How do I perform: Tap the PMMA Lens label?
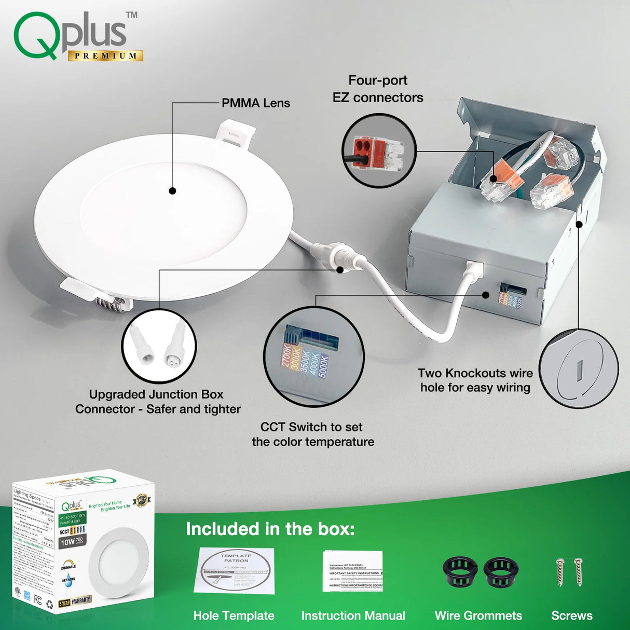pyautogui.click(x=255, y=103)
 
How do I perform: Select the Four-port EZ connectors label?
pyautogui.click(x=378, y=89)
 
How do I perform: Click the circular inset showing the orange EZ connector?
pyautogui.click(x=379, y=150)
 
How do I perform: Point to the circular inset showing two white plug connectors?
pyautogui.click(x=159, y=346)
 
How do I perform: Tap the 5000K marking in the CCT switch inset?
pyautogui.click(x=323, y=365)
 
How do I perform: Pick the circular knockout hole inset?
pyautogui.click(x=579, y=368)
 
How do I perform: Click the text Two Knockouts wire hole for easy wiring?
pyautogui.click(x=475, y=380)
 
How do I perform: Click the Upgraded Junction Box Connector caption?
pyautogui.click(x=157, y=402)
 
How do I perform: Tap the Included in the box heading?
pyautogui.click(x=270, y=529)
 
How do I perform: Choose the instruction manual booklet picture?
pyautogui.click(x=353, y=571)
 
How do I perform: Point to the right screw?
pyautogui.click(x=578, y=572)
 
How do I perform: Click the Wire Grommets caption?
pyautogui.click(x=478, y=615)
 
